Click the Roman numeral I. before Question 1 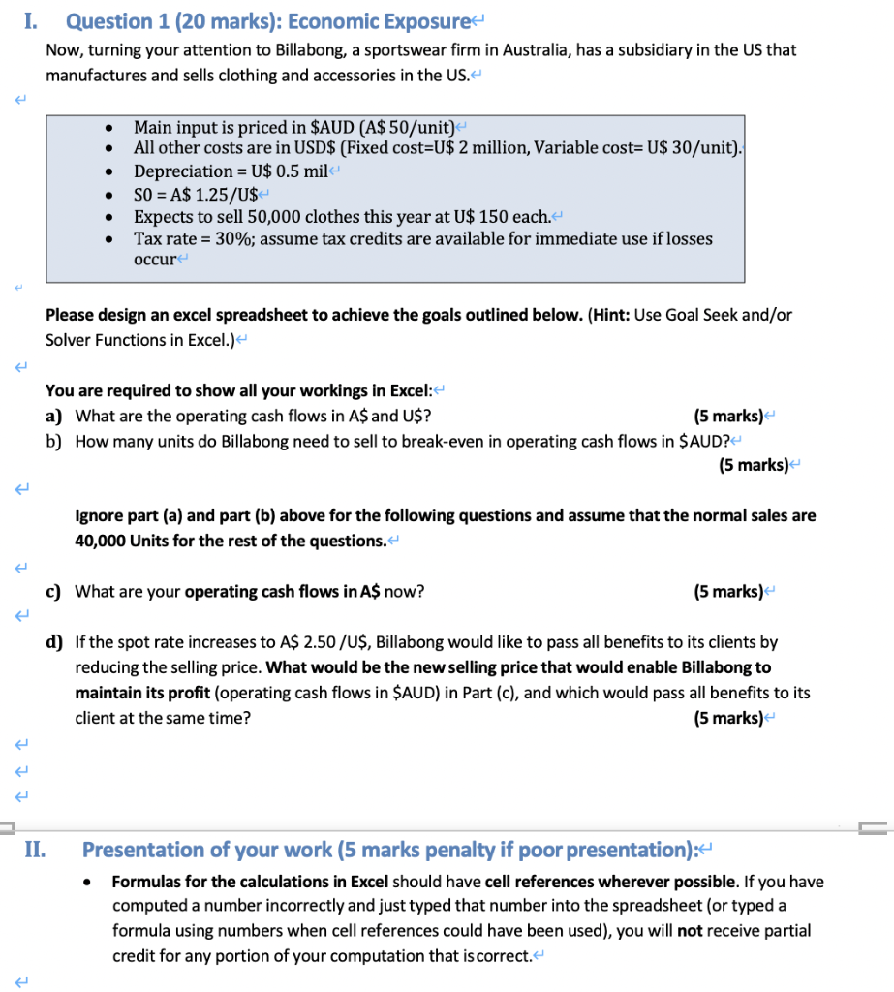[x=30, y=20]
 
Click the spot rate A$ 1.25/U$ [x=200, y=193]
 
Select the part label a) [x=54, y=417]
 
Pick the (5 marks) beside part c [x=728, y=591]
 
